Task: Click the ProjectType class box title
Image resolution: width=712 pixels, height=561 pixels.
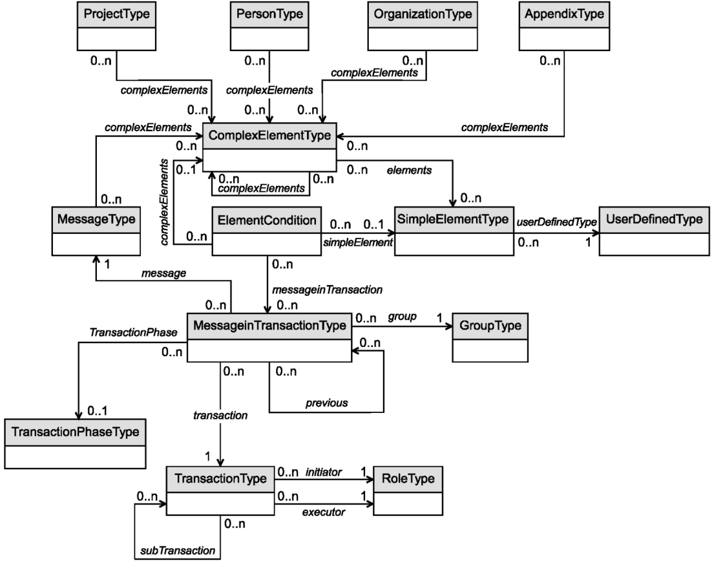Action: point(117,14)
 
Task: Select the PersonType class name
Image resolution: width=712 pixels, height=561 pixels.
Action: point(269,14)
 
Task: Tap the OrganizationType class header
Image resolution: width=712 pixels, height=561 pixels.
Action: point(423,14)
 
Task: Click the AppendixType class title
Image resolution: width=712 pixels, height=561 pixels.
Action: point(565,14)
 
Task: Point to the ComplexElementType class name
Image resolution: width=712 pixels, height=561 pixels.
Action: point(269,135)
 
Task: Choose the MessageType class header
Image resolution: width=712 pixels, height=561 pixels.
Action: point(96,219)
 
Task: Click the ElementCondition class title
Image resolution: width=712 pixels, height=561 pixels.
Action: point(267,220)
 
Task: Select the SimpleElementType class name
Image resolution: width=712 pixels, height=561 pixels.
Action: point(453,219)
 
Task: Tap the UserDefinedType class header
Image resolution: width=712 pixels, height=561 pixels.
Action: point(654,219)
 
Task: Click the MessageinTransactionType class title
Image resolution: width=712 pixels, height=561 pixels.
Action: point(269,326)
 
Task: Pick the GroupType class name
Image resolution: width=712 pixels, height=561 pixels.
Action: point(490,326)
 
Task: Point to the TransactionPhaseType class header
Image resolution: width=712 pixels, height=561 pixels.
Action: point(76,432)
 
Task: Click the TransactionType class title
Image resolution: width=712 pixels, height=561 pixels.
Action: point(221,479)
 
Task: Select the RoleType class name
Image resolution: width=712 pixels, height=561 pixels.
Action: point(408,479)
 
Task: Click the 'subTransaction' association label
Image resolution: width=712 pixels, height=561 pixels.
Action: point(178,551)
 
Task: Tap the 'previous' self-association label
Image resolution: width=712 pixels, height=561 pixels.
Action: point(326,403)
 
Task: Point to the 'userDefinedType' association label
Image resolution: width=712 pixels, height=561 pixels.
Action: point(557,222)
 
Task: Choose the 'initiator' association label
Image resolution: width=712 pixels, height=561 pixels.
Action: point(323,472)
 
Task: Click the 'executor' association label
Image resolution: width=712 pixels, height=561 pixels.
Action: point(323,513)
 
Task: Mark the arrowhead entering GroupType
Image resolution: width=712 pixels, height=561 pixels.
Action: point(449,326)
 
